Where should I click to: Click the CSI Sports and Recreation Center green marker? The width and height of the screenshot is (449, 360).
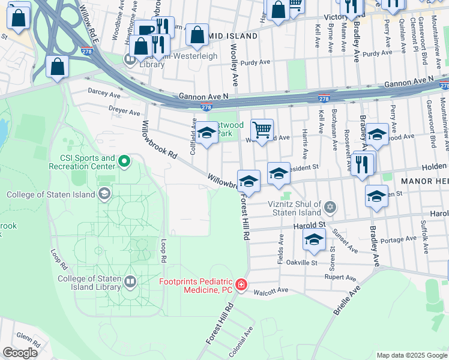click(124, 161)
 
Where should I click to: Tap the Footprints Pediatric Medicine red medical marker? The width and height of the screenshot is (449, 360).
click(241, 284)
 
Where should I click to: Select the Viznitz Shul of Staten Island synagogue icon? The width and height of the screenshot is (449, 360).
click(329, 208)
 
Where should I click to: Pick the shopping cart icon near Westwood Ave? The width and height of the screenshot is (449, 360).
click(262, 130)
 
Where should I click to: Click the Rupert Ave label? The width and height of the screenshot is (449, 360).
click(340, 277)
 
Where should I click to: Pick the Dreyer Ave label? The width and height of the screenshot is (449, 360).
click(124, 112)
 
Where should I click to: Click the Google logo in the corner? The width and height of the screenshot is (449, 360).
click(20, 353)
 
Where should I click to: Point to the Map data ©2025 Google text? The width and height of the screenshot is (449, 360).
click(411, 355)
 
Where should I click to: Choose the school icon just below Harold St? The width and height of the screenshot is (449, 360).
click(314, 241)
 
